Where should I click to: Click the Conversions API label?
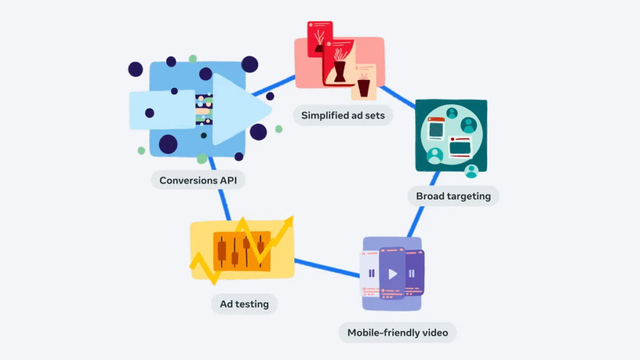point(198,181)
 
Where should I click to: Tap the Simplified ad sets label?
point(343,115)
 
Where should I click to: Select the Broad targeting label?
point(453,196)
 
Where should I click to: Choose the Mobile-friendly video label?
point(397,332)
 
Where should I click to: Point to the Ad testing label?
point(244,304)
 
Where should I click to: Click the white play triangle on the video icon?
point(392,274)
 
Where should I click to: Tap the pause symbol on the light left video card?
point(372,273)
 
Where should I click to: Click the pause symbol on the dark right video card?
point(411,273)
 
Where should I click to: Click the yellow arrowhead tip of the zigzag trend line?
point(289,221)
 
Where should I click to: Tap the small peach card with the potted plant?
point(363,81)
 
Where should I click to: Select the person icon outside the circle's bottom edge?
point(471,170)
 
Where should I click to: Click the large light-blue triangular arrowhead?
point(241,110)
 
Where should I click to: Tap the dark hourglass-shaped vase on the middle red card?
point(339,71)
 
